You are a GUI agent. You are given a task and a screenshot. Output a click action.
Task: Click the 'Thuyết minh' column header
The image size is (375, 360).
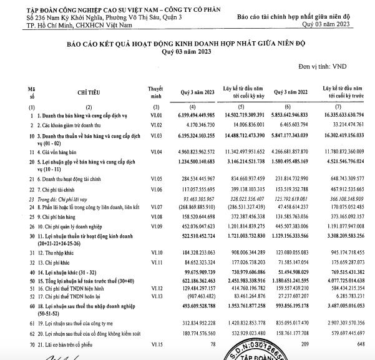[x=155, y=92]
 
